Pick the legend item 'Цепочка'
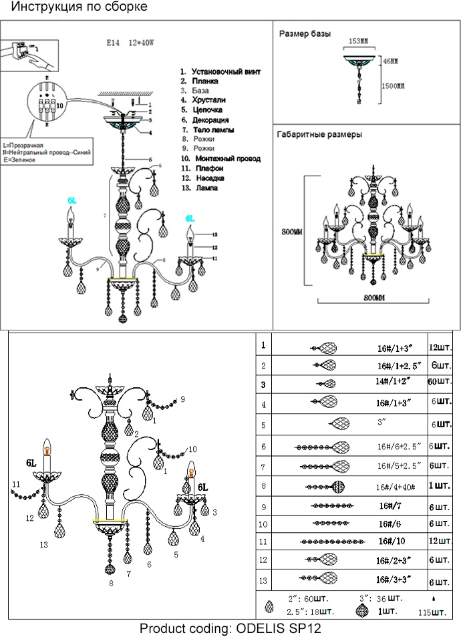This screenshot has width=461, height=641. (206, 110)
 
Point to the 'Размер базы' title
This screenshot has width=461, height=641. (305, 33)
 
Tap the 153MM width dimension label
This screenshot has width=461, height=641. (359, 41)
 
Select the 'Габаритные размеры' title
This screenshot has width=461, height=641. (319, 134)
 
